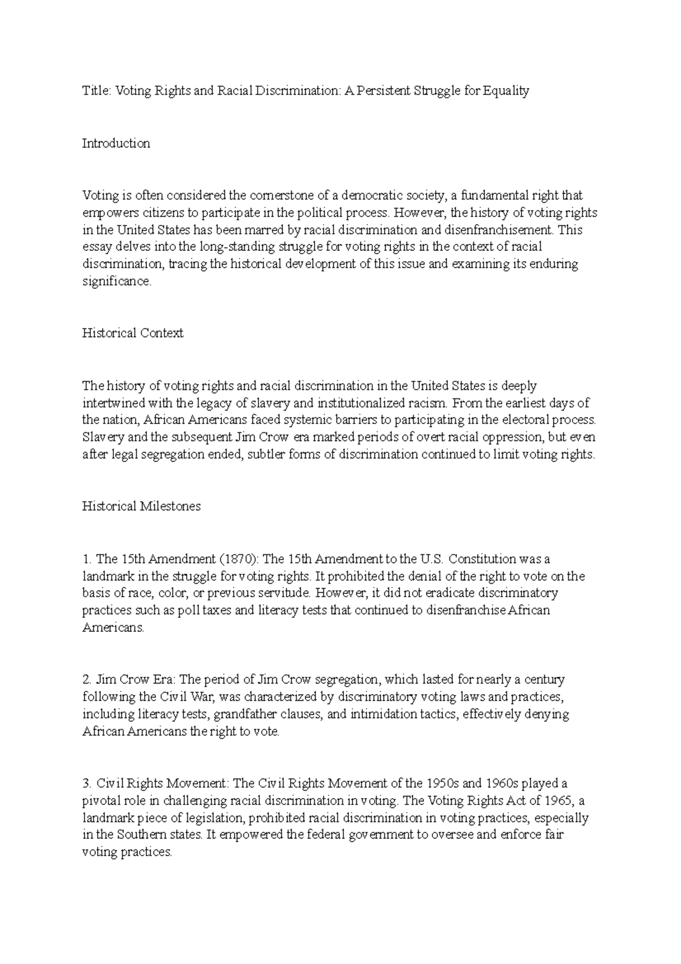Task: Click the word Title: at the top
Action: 96,91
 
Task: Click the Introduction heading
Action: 116,143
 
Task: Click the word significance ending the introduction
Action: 116,282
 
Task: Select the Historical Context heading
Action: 133,333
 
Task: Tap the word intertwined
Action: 113,403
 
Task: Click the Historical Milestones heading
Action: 141,506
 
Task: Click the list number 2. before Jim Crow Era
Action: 87,680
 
